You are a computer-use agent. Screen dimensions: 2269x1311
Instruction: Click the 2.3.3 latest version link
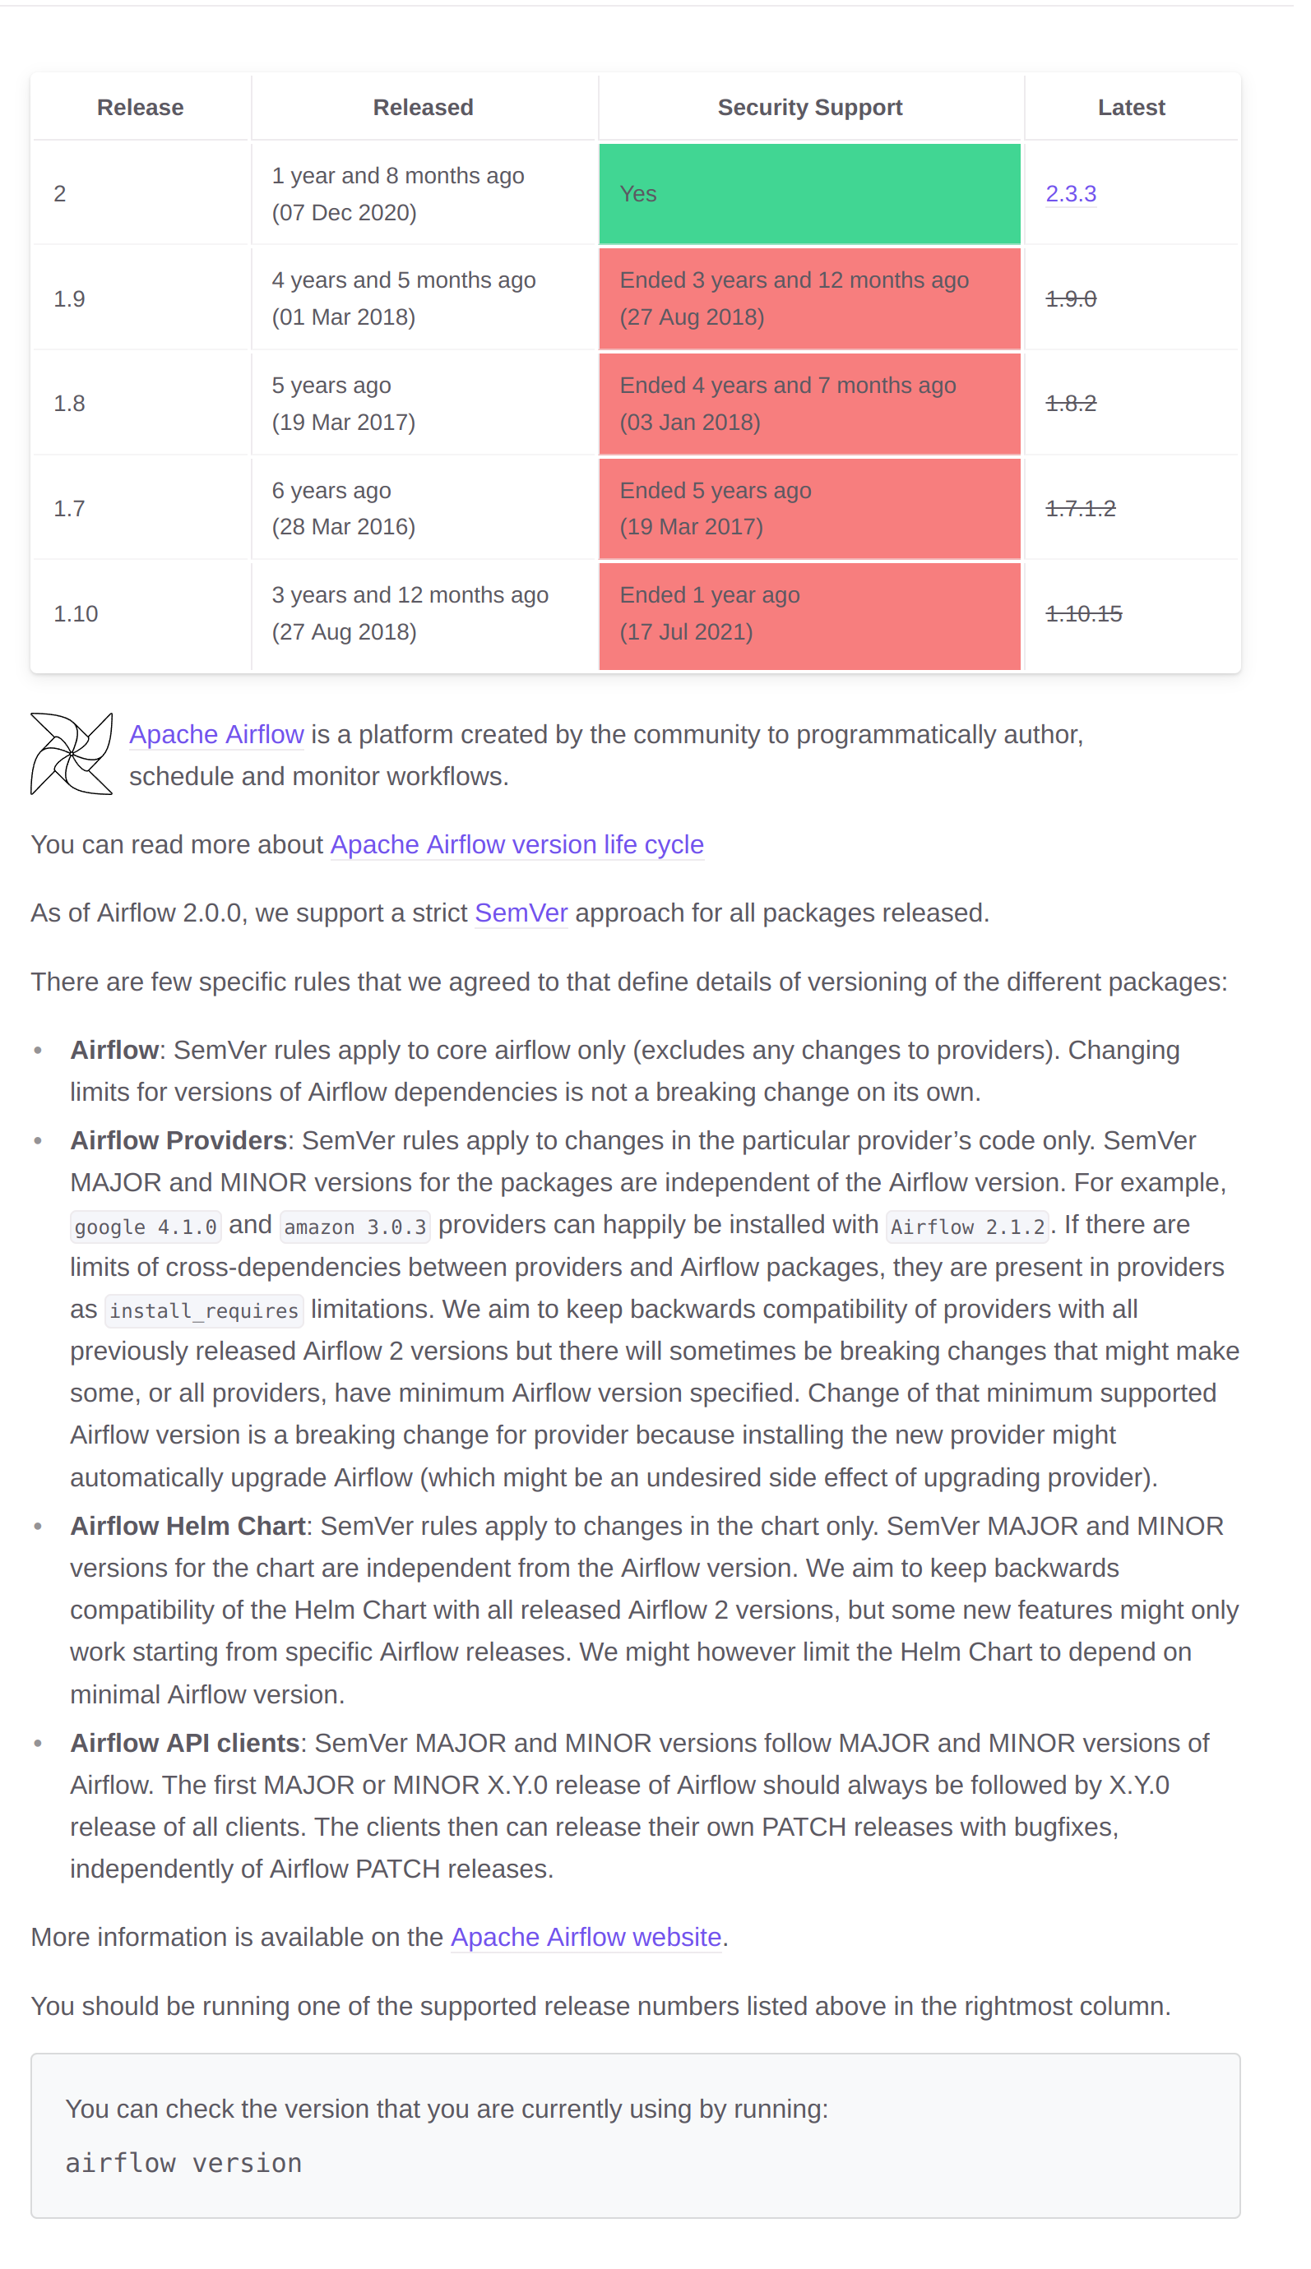point(1071,193)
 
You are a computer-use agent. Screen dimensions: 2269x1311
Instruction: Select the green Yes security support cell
point(809,193)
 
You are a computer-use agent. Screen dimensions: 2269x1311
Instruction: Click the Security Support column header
point(809,107)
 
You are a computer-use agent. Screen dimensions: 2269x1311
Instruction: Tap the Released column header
point(424,107)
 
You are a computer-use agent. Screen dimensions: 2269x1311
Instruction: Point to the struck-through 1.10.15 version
point(1083,614)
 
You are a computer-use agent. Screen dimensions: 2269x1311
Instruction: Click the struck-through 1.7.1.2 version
point(1081,509)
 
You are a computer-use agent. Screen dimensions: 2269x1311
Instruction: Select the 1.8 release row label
point(69,403)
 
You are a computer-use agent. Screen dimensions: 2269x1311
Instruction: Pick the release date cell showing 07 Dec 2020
point(398,193)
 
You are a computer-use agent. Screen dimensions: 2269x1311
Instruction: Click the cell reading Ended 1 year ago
point(809,614)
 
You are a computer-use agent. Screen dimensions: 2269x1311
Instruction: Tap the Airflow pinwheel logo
point(71,754)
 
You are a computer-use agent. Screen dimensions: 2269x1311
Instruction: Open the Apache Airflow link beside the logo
point(216,734)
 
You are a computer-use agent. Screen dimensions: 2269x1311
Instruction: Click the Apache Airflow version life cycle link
point(517,844)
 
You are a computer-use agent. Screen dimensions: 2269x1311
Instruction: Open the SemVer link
point(521,913)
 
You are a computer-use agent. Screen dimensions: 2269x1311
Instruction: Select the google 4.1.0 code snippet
point(146,1226)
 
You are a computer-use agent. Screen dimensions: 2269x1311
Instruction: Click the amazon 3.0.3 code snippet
point(354,1226)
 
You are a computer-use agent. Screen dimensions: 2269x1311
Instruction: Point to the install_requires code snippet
point(203,1310)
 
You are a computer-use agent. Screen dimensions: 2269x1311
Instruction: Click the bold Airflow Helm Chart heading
point(188,1526)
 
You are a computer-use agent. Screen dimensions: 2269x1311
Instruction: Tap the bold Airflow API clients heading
point(184,1743)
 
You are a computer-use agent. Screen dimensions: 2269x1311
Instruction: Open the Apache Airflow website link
point(586,1937)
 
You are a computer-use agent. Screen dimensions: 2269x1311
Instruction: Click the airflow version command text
point(183,2163)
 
